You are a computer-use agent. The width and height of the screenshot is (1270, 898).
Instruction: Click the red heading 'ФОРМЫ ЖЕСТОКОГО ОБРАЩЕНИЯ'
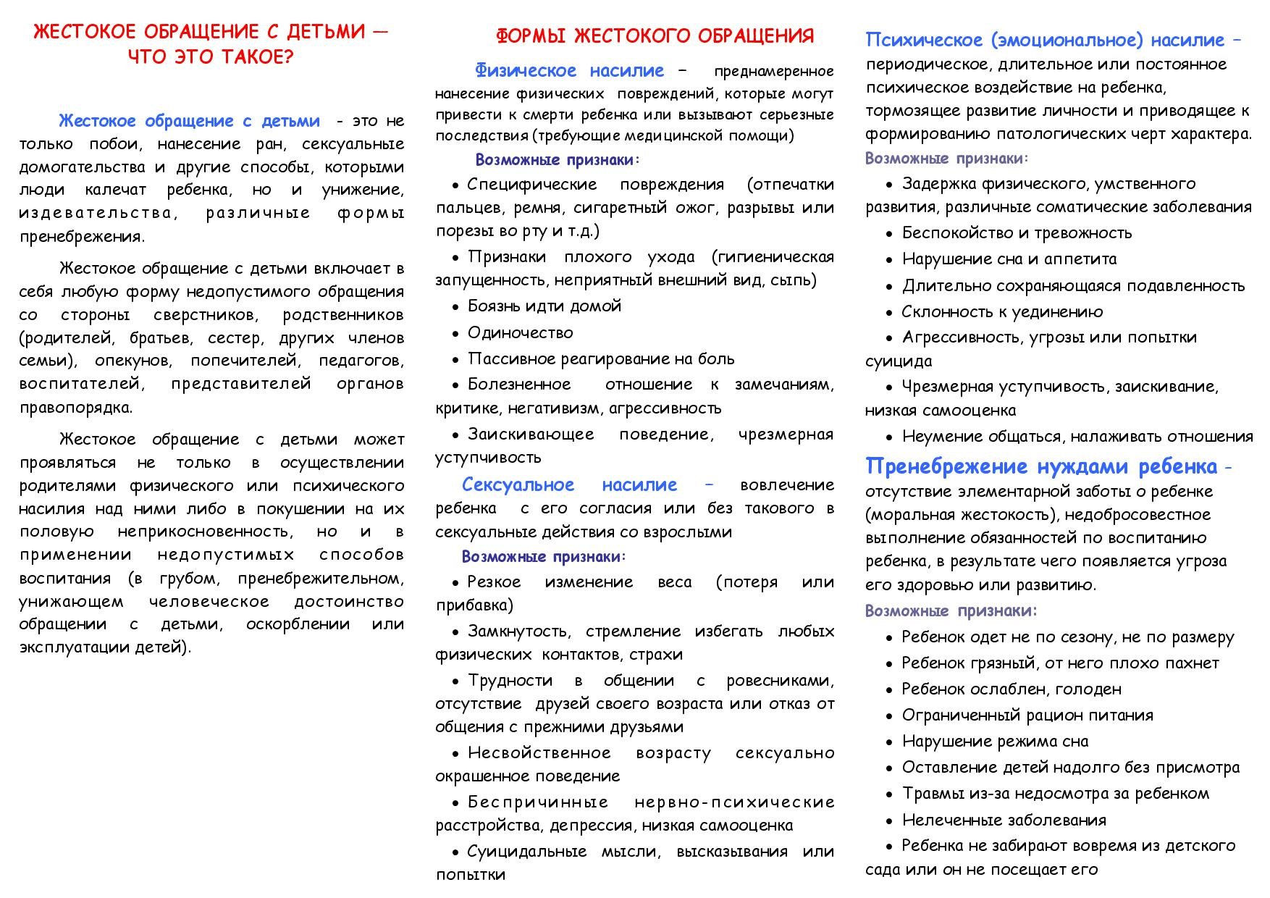point(655,35)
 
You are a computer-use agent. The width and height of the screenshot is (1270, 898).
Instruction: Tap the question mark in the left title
point(287,57)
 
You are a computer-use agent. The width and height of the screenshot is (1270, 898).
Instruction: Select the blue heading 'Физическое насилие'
point(569,70)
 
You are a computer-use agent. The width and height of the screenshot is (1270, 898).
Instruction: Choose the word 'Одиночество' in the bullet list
point(520,332)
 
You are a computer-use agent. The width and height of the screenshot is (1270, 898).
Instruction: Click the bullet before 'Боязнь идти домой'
point(455,307)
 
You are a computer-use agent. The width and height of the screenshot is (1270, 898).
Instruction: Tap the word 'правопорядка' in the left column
point(75,407)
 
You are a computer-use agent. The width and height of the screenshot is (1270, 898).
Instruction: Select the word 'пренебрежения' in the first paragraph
point(80,236)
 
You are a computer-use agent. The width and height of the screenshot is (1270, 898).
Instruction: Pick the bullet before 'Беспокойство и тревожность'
point(889,234)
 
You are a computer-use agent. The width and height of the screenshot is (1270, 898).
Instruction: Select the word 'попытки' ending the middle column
point(470,874)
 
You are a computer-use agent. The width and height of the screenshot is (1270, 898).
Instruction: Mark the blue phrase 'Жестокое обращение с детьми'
point(189,120)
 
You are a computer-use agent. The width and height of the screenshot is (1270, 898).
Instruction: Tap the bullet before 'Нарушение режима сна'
point(889,742)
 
